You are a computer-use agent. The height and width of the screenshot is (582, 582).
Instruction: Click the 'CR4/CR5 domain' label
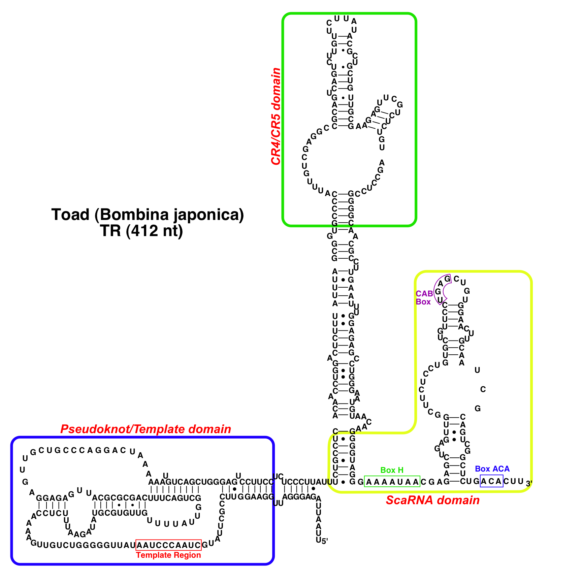click(x=276, y=117)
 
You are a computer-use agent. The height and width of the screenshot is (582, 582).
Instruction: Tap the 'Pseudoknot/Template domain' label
click(x=145, y=429)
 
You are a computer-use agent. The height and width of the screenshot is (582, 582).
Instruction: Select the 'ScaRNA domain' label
click(x=432, y=500)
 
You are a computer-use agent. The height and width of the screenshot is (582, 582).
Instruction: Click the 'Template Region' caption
click(x=168, y=555)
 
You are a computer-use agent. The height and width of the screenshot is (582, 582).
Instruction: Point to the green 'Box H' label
click(x=392, y=470)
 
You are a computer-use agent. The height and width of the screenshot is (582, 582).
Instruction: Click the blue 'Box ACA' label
click(x=492, y=469)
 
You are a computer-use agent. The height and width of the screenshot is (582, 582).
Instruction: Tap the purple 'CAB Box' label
click(x=424, y=298)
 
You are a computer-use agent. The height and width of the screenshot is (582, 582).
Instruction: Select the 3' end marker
click(x=529, y=484)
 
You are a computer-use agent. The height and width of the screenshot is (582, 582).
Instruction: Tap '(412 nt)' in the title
click(x=155, y=231)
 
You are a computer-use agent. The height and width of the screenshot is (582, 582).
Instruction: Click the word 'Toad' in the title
click(x=70, y=215)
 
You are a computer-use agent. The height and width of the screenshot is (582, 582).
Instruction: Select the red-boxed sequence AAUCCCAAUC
click(x=168, y=545)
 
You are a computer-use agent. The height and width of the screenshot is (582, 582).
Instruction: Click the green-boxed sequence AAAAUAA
click(x=392, y=482)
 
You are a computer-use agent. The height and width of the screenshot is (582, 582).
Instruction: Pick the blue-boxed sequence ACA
click(x=491, y=481)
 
